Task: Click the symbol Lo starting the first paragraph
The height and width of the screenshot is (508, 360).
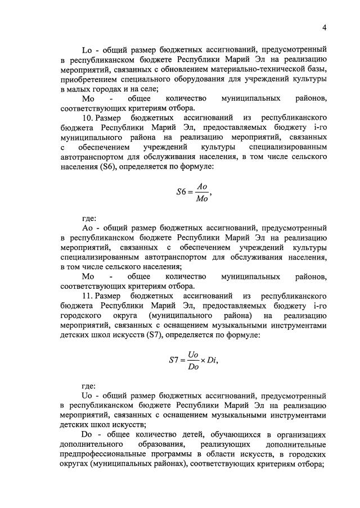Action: tap(87, 49)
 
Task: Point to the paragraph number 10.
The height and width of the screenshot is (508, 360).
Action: tap(88, 119)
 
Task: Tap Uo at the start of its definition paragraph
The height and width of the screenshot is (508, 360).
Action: tap(87, 395)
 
